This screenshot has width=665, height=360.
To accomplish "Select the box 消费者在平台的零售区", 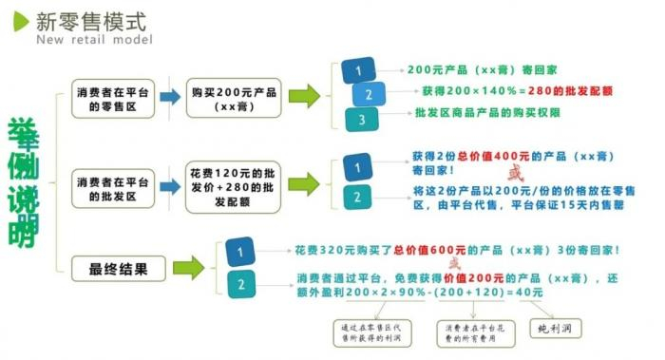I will click(112, 96).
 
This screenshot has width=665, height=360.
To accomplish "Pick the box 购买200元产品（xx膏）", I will click(232, 96).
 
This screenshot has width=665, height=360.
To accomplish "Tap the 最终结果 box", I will click(112, 267).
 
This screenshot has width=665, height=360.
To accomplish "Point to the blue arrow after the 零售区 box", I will click(171, 96).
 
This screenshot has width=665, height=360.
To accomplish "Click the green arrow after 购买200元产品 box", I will click(304, 96).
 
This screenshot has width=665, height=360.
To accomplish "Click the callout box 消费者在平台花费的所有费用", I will click(469, 331).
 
